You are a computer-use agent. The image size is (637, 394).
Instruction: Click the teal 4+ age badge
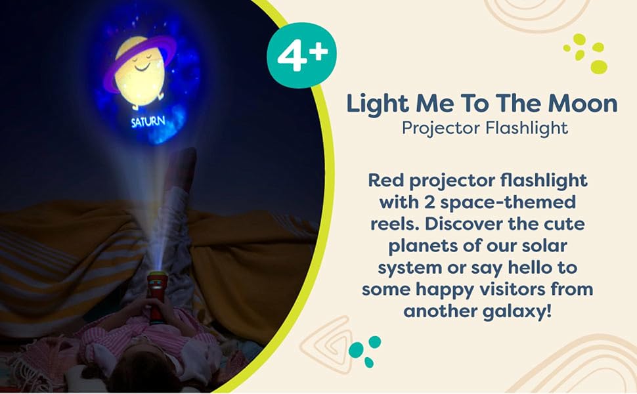[x=301, y=55]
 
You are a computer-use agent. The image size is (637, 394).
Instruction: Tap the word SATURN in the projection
[x=148, y=121]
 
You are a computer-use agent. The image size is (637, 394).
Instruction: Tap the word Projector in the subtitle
[x=441, y=129]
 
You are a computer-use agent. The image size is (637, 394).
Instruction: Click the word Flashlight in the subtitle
[x=527, y=128]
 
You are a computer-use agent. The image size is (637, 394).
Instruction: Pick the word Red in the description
[x=386, y=180]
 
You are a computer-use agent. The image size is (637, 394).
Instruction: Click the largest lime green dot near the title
[x=598, y=66]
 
